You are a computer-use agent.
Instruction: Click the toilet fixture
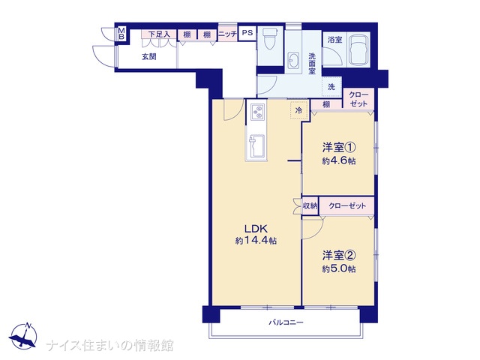[270, 38]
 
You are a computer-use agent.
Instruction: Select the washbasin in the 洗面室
[294, 61]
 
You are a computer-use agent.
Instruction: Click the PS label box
[247, 32]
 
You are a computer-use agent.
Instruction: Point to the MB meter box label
[121, 34]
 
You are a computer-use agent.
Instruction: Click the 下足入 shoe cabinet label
[159, 34]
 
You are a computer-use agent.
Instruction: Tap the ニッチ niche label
[228, 34]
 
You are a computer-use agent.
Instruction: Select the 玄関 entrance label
[149, 57]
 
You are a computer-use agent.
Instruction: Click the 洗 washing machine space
[331, 87]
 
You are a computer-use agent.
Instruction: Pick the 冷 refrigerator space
[298, 110]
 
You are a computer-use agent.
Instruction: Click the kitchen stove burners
[257, 112]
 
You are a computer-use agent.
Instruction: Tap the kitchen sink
[256, 146]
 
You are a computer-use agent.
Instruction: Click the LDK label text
[256, 228]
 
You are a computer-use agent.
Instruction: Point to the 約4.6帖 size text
[338, 160]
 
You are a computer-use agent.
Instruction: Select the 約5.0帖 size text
[338, 268]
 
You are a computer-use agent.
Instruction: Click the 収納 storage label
[310, 206]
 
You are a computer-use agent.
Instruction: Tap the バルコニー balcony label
[286, 322]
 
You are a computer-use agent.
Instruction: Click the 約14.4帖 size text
[256, 241]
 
